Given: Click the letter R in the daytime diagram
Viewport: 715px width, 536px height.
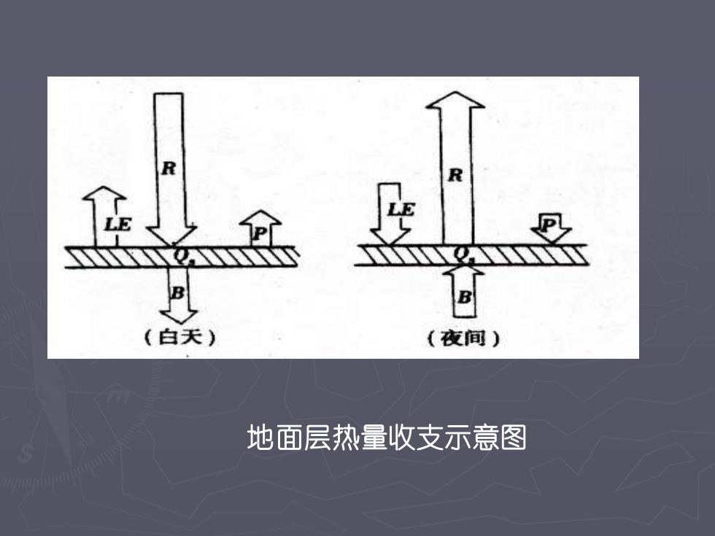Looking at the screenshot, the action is tap(169, 168).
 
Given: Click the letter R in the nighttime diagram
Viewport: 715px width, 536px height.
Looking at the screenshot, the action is tap(455, 174).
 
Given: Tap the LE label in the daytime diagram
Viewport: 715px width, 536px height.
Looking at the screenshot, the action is tap(117, 224).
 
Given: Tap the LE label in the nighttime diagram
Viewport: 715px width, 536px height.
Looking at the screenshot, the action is tap(401, 209).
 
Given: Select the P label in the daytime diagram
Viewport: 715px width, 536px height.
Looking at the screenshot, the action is tap(260, 234).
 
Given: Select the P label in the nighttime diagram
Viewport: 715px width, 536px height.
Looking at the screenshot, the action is tap(549, 225).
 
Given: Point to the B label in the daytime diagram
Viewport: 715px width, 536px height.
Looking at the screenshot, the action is tap(177, 292).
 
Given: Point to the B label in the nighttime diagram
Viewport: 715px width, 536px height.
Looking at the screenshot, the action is tap(464, 298).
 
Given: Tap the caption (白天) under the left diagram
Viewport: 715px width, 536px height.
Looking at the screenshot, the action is tap(179, 337).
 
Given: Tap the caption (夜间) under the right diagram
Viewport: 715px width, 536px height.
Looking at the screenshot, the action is tap(464, 338).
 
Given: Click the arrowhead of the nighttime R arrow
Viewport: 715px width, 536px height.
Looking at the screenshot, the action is tap(455, 101).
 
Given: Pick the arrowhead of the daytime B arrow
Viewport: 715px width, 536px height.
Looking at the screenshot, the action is tap(178, 316).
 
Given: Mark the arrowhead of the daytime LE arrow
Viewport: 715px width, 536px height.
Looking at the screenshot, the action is tap(104, 193).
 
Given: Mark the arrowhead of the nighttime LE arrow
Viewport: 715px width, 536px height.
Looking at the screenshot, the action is tap(390, 237).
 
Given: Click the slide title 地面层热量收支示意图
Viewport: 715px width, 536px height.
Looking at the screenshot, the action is tap(387, 438).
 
